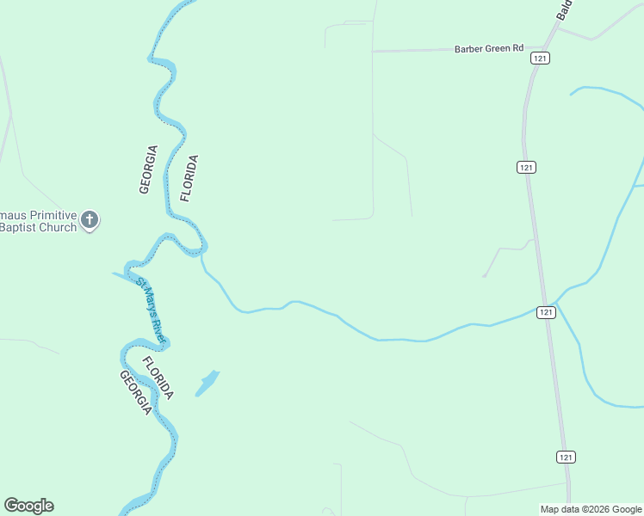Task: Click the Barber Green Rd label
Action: click(x=489, y=49)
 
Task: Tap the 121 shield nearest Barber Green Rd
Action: click(x=540, y=58)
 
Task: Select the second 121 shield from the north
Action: click(x=526, y=167)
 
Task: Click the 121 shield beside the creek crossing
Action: click(x=545, y=312)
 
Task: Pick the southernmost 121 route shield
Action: click(x=565, y=457)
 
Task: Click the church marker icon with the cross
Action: click(x=90, y=220)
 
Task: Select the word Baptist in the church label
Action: click(x=20, y=227)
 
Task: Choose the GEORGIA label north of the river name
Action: click(x=148, y=169)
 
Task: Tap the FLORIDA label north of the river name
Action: click(x=189, y=178)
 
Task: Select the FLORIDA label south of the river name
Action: click(x=158, y=378)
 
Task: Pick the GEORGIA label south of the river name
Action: click(x=136, y=393)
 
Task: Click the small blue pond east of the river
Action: click(x=207, y=383)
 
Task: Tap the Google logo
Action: click(x=28, y=506)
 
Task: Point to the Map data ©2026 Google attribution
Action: click(x=591, y=509)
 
